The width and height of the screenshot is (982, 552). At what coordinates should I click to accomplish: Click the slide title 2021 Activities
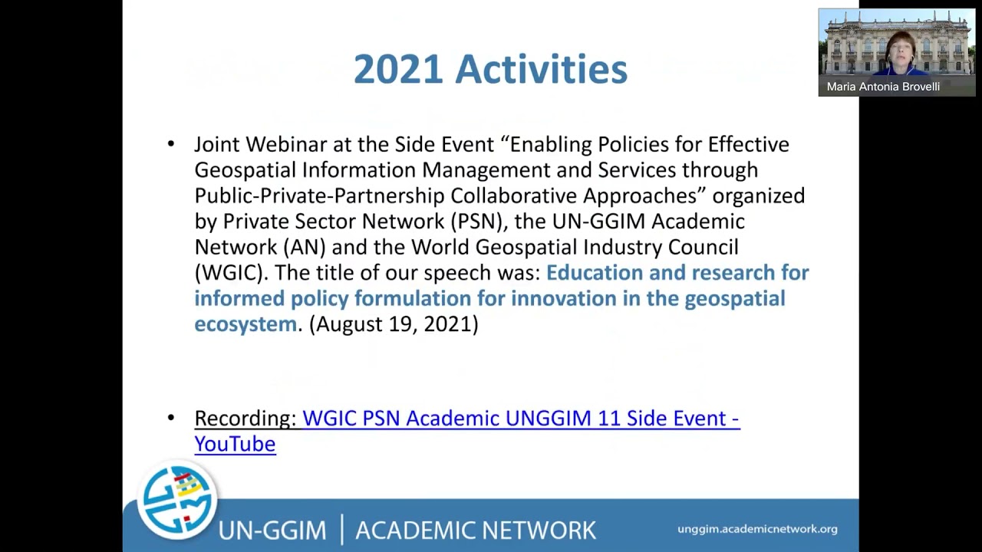[x=490, y=69]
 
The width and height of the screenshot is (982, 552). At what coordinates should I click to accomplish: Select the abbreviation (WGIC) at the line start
[x=232, y=273]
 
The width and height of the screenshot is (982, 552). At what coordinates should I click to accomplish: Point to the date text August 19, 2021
[x=394, y=324]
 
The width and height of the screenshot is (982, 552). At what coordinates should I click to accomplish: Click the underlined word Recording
[x=245, y=419]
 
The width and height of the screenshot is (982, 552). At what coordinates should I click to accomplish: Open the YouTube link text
[x=235, y=444]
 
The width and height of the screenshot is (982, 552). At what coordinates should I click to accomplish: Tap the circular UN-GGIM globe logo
[x=178, y=501]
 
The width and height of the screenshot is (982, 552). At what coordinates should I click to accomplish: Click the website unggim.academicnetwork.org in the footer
[x=757, y=529]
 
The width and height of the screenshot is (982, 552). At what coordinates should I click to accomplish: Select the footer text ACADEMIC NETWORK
[x=476, y=530]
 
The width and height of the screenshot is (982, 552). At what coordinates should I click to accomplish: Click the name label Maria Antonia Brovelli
[x=883, y=87]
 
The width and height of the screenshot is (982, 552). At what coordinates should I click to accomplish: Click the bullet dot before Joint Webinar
[x=171, y=144]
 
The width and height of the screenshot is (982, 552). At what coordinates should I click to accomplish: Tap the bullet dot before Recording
[x=171, y=418]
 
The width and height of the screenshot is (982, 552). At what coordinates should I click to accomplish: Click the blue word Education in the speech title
[x=595, y=273]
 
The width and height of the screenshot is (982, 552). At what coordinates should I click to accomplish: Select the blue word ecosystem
[x=245, y=324]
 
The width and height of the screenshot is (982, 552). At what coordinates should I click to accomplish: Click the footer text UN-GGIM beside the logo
[x=272, y=530]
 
